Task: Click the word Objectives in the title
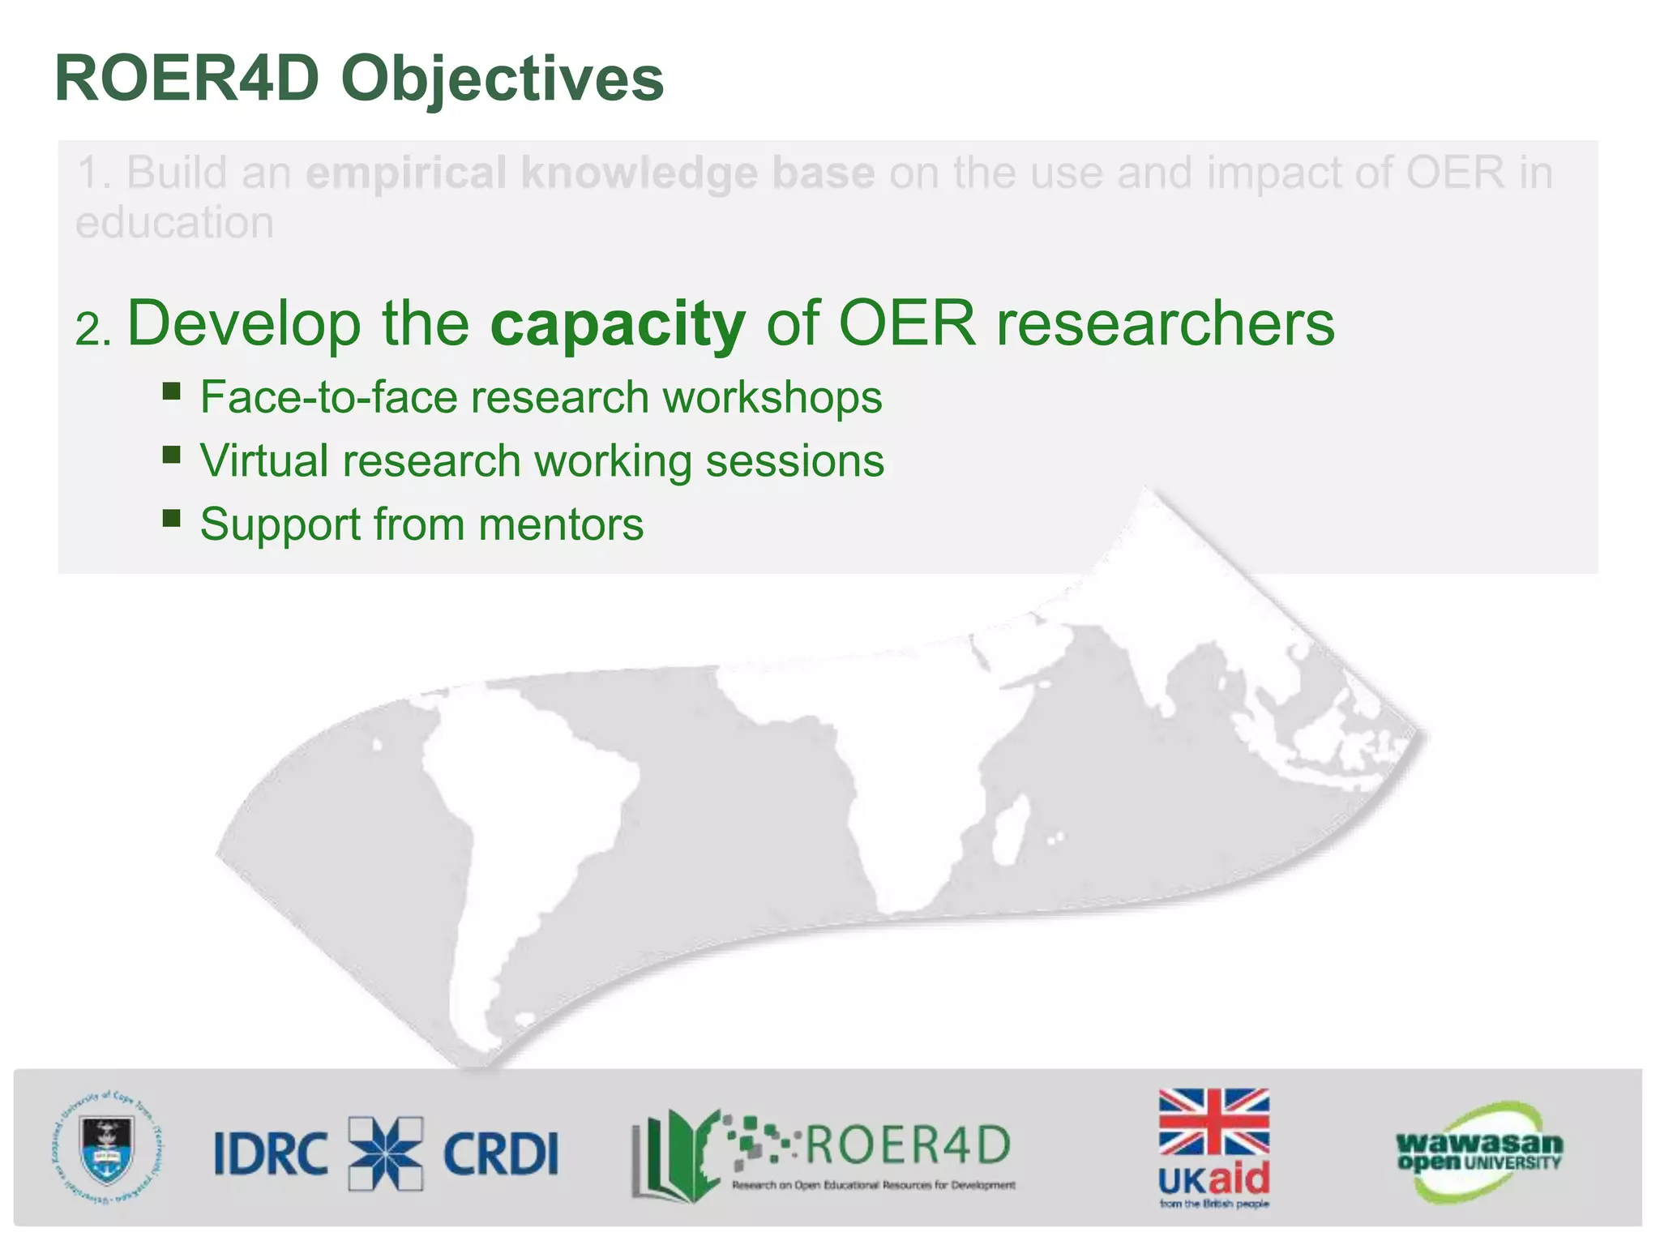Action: coord(502,79)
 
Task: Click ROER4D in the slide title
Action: coord(187,79)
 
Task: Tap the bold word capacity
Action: coord(618,323)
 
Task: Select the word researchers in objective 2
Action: coord(1165,323)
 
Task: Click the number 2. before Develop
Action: coord(92,330)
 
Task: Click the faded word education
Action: coord(174,222)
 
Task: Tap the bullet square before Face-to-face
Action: coord(171,392)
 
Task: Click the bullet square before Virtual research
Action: coord(171,455)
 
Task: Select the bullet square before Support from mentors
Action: coord(171,518)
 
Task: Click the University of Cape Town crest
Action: coord(106,1149)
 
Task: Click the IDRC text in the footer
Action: coord(271,1153)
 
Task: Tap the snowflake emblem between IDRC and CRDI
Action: coord(386,1153)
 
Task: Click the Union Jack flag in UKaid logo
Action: coord(1213,1122)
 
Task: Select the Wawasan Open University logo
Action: coord(1478,1152)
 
